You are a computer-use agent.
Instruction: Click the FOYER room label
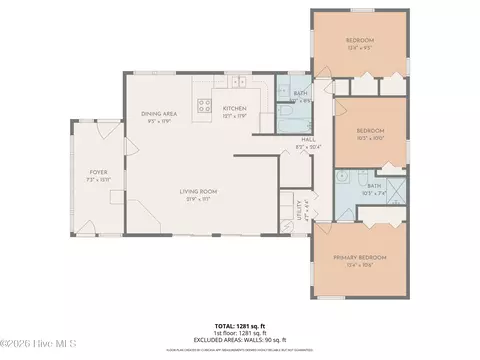coord(98,172)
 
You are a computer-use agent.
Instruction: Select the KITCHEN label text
coord(234,108)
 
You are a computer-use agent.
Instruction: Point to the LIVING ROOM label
coord(199,191)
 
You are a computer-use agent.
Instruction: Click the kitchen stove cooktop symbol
coord(205,103)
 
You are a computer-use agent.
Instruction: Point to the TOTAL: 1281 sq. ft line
coord(240,327)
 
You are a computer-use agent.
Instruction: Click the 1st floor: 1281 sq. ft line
coord(240,334)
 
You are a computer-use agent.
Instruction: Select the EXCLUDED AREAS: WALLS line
coord(240,341)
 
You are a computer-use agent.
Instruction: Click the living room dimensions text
coord(199,198)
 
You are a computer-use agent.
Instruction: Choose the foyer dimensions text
coord(98,179)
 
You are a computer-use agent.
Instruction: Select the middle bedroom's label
coord(371,131)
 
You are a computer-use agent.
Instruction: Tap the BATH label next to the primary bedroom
coord(374,185)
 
